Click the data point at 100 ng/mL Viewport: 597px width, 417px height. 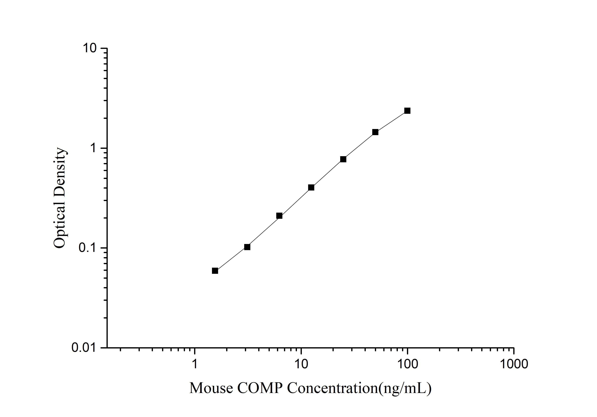[x=407, y=111]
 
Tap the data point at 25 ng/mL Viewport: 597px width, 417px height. [x=343, y=159]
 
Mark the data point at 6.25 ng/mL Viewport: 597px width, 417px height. [x=279, y=216]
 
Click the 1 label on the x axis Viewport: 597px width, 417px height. [x=194, y=364]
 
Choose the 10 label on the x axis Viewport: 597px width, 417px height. [x=301, y=364]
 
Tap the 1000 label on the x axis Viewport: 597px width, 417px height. [x=514, y=364]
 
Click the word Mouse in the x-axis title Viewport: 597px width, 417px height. [x=211, y=388]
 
